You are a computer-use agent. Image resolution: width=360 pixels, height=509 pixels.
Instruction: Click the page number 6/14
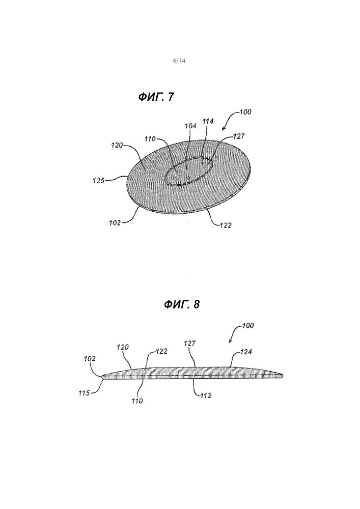point(180,61)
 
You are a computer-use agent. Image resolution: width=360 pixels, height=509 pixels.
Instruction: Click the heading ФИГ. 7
point(156,97)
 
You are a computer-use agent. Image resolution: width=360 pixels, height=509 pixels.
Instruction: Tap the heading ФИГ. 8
point(182,304)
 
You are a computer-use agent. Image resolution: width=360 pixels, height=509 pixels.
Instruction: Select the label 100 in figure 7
point(245,112)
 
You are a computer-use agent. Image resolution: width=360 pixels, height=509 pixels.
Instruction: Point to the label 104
point(190,126)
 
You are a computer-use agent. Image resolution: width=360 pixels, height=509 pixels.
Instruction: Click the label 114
point(208,121)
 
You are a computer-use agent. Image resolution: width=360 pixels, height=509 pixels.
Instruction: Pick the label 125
point(98,181)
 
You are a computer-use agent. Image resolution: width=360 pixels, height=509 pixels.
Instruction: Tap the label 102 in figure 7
point(115,223)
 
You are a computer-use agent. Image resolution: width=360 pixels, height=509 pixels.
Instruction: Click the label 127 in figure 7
point(239,136)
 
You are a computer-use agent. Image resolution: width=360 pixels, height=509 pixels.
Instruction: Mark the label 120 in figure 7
point(117,146)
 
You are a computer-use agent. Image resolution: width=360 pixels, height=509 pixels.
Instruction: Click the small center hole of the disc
point(188,177)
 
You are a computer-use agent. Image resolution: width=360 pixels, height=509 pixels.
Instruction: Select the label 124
point(246,352)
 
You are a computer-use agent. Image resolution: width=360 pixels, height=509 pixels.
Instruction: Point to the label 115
point(84,393)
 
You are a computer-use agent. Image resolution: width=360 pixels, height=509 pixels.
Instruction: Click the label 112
point(206,395)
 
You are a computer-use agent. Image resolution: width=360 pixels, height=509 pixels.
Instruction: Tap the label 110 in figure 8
point(137,401)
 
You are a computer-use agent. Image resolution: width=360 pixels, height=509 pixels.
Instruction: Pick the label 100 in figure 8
point(248,325)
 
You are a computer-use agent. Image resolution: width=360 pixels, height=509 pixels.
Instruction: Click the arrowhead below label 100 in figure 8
point(230,341)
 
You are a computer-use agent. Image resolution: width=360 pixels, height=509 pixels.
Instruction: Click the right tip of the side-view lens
point(283,376)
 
